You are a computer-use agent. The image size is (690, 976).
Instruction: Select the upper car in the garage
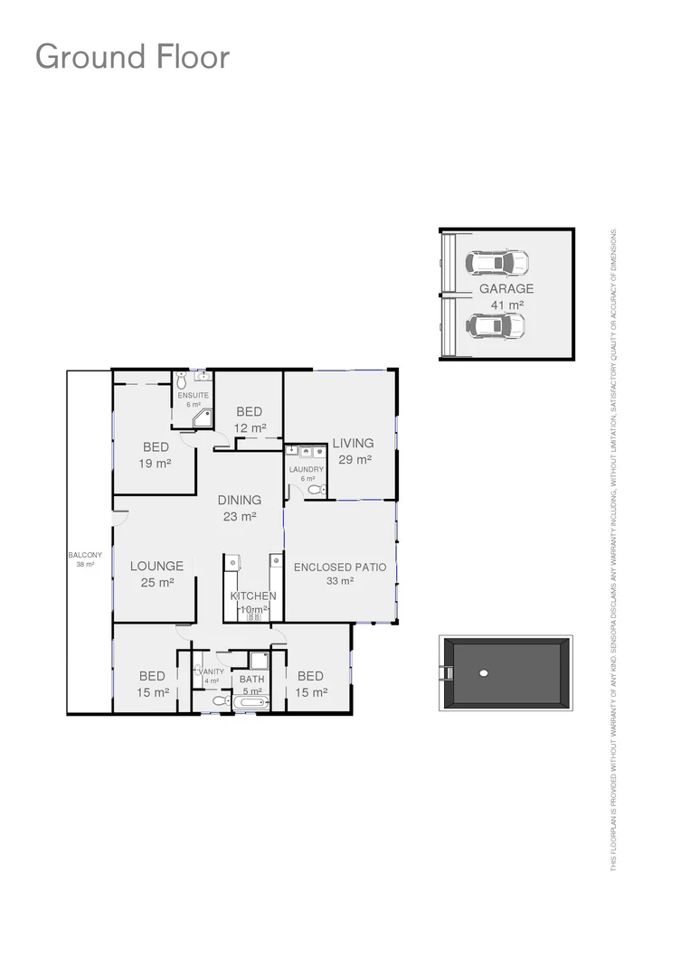click(496, 263)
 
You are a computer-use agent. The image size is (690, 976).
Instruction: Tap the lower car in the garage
click(496, 325)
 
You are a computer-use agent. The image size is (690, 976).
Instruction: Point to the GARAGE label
click(506, 289)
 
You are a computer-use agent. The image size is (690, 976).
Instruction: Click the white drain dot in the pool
click(484, 672)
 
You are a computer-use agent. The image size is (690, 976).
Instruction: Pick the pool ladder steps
click(446, 672)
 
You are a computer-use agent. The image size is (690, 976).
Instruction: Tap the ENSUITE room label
click(193, 396)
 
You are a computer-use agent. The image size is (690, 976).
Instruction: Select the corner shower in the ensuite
click(203, 418)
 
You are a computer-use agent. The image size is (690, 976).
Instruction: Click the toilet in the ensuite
click(182, 381)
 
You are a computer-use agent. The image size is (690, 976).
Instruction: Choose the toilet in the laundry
click(315, 489)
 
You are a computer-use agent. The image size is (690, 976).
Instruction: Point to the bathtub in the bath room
click(250, 702)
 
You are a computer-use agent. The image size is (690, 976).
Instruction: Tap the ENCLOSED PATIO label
click(340, 568)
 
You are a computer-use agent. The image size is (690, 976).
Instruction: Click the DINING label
click(240, 500)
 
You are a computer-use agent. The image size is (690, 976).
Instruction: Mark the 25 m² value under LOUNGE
click(156, 583)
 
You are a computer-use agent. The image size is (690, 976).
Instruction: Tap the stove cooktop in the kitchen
click(254, 617)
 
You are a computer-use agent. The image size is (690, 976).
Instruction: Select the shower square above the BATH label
click(259, 661)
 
